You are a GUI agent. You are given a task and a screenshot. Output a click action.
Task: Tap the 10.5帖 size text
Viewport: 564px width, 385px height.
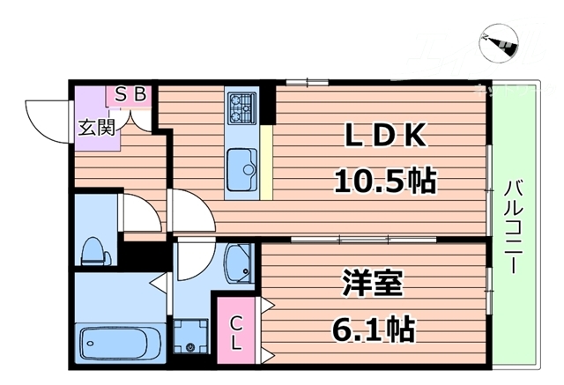[384, 181]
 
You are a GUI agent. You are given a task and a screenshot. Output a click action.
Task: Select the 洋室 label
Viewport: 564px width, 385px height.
[372, 285]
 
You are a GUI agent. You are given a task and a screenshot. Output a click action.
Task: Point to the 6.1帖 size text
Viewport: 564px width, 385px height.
[374, 330]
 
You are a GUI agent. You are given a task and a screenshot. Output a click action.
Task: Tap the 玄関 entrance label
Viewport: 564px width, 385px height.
[96, 127]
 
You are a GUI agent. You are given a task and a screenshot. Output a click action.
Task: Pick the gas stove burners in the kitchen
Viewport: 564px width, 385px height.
[241, 107]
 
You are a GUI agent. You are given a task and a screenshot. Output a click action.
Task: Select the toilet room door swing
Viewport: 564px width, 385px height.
[134, 210]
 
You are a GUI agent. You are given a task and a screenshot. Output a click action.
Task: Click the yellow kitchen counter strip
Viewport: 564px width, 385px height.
[265, 159]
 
